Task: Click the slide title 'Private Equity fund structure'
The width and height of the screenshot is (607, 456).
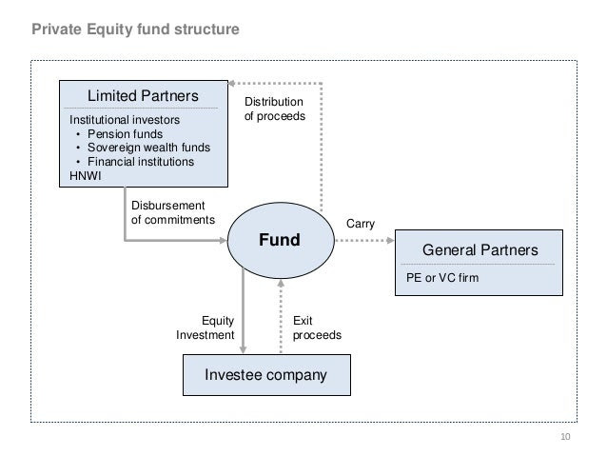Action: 135,30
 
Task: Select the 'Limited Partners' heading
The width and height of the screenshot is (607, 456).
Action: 143,96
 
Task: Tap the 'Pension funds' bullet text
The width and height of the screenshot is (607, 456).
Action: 125,133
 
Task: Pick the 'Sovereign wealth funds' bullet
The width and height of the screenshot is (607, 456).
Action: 148,148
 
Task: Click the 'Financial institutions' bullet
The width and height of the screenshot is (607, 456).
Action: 141,162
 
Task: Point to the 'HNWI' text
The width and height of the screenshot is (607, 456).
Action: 86,176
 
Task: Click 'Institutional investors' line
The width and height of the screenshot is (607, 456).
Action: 125,120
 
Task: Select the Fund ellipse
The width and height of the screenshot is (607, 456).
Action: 281,240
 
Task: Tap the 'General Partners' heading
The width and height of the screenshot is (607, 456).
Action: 480,249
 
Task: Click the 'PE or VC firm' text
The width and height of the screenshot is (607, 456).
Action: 442,278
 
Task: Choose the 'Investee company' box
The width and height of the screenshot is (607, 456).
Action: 266,375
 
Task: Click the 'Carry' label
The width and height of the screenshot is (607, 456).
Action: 361,224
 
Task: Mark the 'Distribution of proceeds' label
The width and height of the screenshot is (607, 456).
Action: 274,109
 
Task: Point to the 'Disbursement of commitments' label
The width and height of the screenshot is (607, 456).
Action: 172,212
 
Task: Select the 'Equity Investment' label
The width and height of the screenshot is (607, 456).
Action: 206,327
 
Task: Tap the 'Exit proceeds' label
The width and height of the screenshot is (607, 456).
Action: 317,327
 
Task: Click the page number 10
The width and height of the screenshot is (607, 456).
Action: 565,437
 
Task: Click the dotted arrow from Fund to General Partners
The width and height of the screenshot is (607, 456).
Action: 364,241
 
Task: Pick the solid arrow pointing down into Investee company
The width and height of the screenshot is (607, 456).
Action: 244,310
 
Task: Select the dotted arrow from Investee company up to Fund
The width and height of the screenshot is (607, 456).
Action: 281,316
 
